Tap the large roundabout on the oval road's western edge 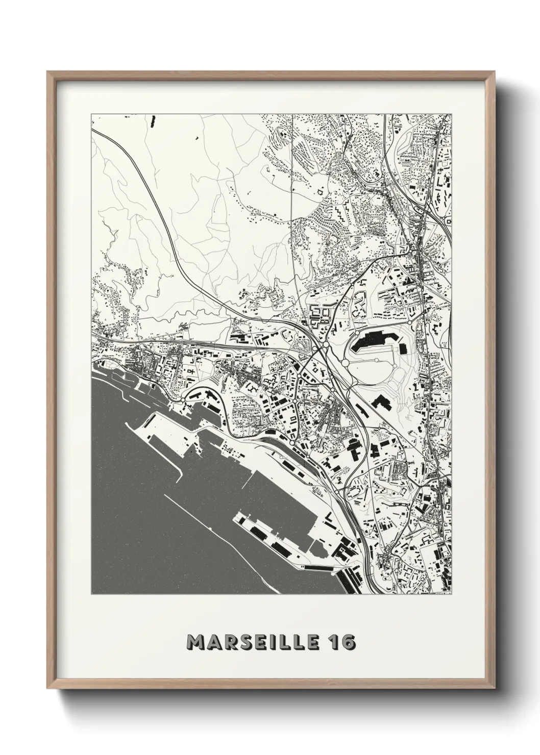345,363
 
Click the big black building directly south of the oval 382,402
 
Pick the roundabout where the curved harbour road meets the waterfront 183,399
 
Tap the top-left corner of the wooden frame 47,71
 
